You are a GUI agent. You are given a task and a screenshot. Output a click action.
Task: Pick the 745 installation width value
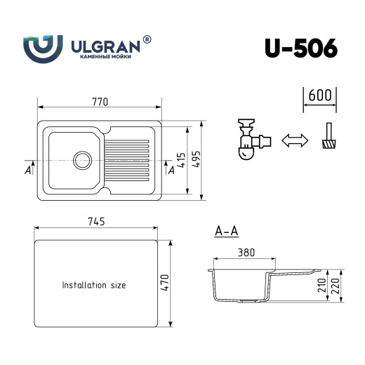click(96, 222)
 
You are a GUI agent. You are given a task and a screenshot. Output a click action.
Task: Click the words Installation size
click(94, 286)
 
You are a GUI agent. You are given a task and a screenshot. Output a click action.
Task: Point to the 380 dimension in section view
click(246, 253)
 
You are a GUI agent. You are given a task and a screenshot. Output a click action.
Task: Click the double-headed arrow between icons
click(294, 140)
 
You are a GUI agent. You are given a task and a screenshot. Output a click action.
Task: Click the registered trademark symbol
click(147, 40)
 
